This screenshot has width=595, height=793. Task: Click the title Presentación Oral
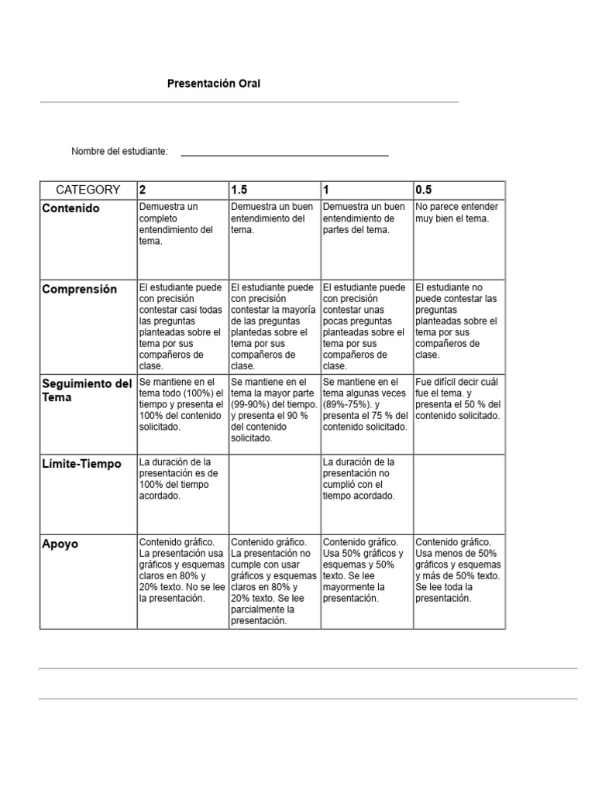214,83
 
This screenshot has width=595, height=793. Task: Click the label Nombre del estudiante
119,151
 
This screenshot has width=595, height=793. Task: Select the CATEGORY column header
88,190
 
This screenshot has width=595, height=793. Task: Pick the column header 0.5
424,190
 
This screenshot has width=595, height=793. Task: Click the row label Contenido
71,209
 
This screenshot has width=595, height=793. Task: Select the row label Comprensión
79,290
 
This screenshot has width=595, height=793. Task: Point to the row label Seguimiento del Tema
87,390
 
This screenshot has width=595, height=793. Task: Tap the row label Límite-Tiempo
81,464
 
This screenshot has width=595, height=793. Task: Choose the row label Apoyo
60,544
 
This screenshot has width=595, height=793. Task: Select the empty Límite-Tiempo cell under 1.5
274,493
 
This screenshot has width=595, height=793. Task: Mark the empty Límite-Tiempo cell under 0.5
459,493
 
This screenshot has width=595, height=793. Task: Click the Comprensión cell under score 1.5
274,326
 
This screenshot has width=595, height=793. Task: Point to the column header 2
143,190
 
